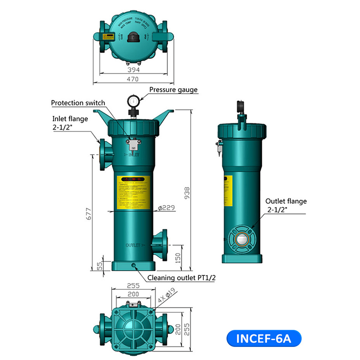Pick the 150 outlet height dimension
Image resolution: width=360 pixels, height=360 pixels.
(178, 257)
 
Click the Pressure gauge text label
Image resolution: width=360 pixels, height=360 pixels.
(173, 90)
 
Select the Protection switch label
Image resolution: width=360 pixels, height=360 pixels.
(78, 103)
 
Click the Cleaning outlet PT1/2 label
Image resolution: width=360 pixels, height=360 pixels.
(181, 277)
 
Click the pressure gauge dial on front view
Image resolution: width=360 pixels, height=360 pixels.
(133, 99)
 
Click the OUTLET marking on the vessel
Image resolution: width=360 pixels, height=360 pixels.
(135, 246)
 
